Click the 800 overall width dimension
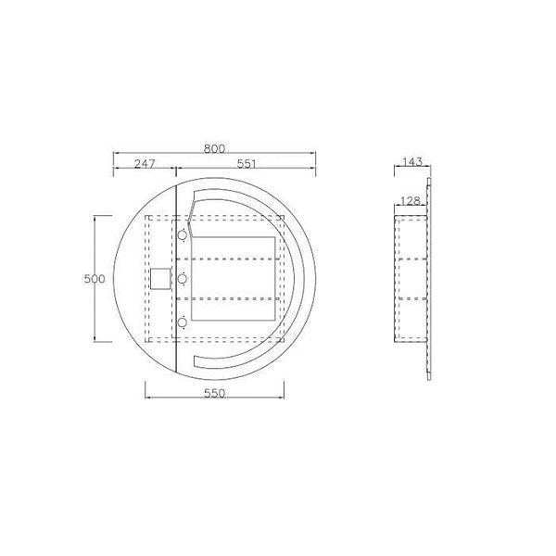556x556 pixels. click(214, 148)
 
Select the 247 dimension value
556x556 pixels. click(145, 163)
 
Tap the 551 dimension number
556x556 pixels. click(246, 164)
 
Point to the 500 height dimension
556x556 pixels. click(95, 279)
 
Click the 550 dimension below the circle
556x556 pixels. click(215, 393)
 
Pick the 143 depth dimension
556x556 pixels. click(412, 161)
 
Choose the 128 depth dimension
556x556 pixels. click(410, 201)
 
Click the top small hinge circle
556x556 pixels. click(183, 235)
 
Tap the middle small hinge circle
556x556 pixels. click(183, 279)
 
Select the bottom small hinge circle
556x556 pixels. click(183, 322)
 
